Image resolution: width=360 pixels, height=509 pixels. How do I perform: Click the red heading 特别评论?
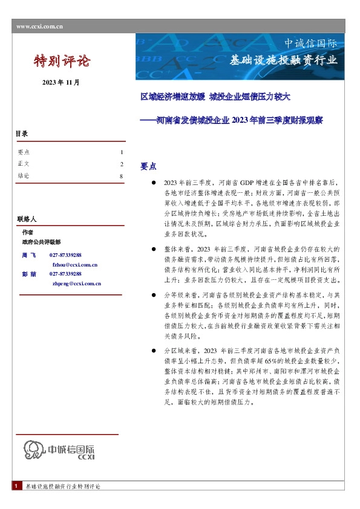click(x=61, y=60)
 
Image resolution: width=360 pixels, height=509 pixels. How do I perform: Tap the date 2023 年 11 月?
click(x=61, y=82)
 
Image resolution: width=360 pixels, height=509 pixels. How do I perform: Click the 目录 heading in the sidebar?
click(x=22, y=134)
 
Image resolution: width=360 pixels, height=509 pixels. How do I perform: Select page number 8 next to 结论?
click(x=122, y=176)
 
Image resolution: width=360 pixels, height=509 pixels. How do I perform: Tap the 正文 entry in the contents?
click(x=24, y=164)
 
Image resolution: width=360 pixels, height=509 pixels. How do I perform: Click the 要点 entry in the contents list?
click(x=24, y=152)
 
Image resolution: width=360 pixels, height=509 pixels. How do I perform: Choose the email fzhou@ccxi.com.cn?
click(x=75, y=265)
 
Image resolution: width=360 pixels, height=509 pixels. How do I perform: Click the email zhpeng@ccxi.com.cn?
click(x=77, y=283)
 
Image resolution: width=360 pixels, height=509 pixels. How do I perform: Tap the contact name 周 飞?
click(x=29, y=256)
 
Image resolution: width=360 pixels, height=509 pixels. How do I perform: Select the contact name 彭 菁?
click(x=29, y=274)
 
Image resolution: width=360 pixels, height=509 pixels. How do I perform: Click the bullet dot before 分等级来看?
click(x=154, y=294)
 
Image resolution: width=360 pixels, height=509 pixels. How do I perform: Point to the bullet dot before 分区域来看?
click(x=154, y=350)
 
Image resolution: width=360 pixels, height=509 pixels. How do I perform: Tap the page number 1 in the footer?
click(x=15, y=486)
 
